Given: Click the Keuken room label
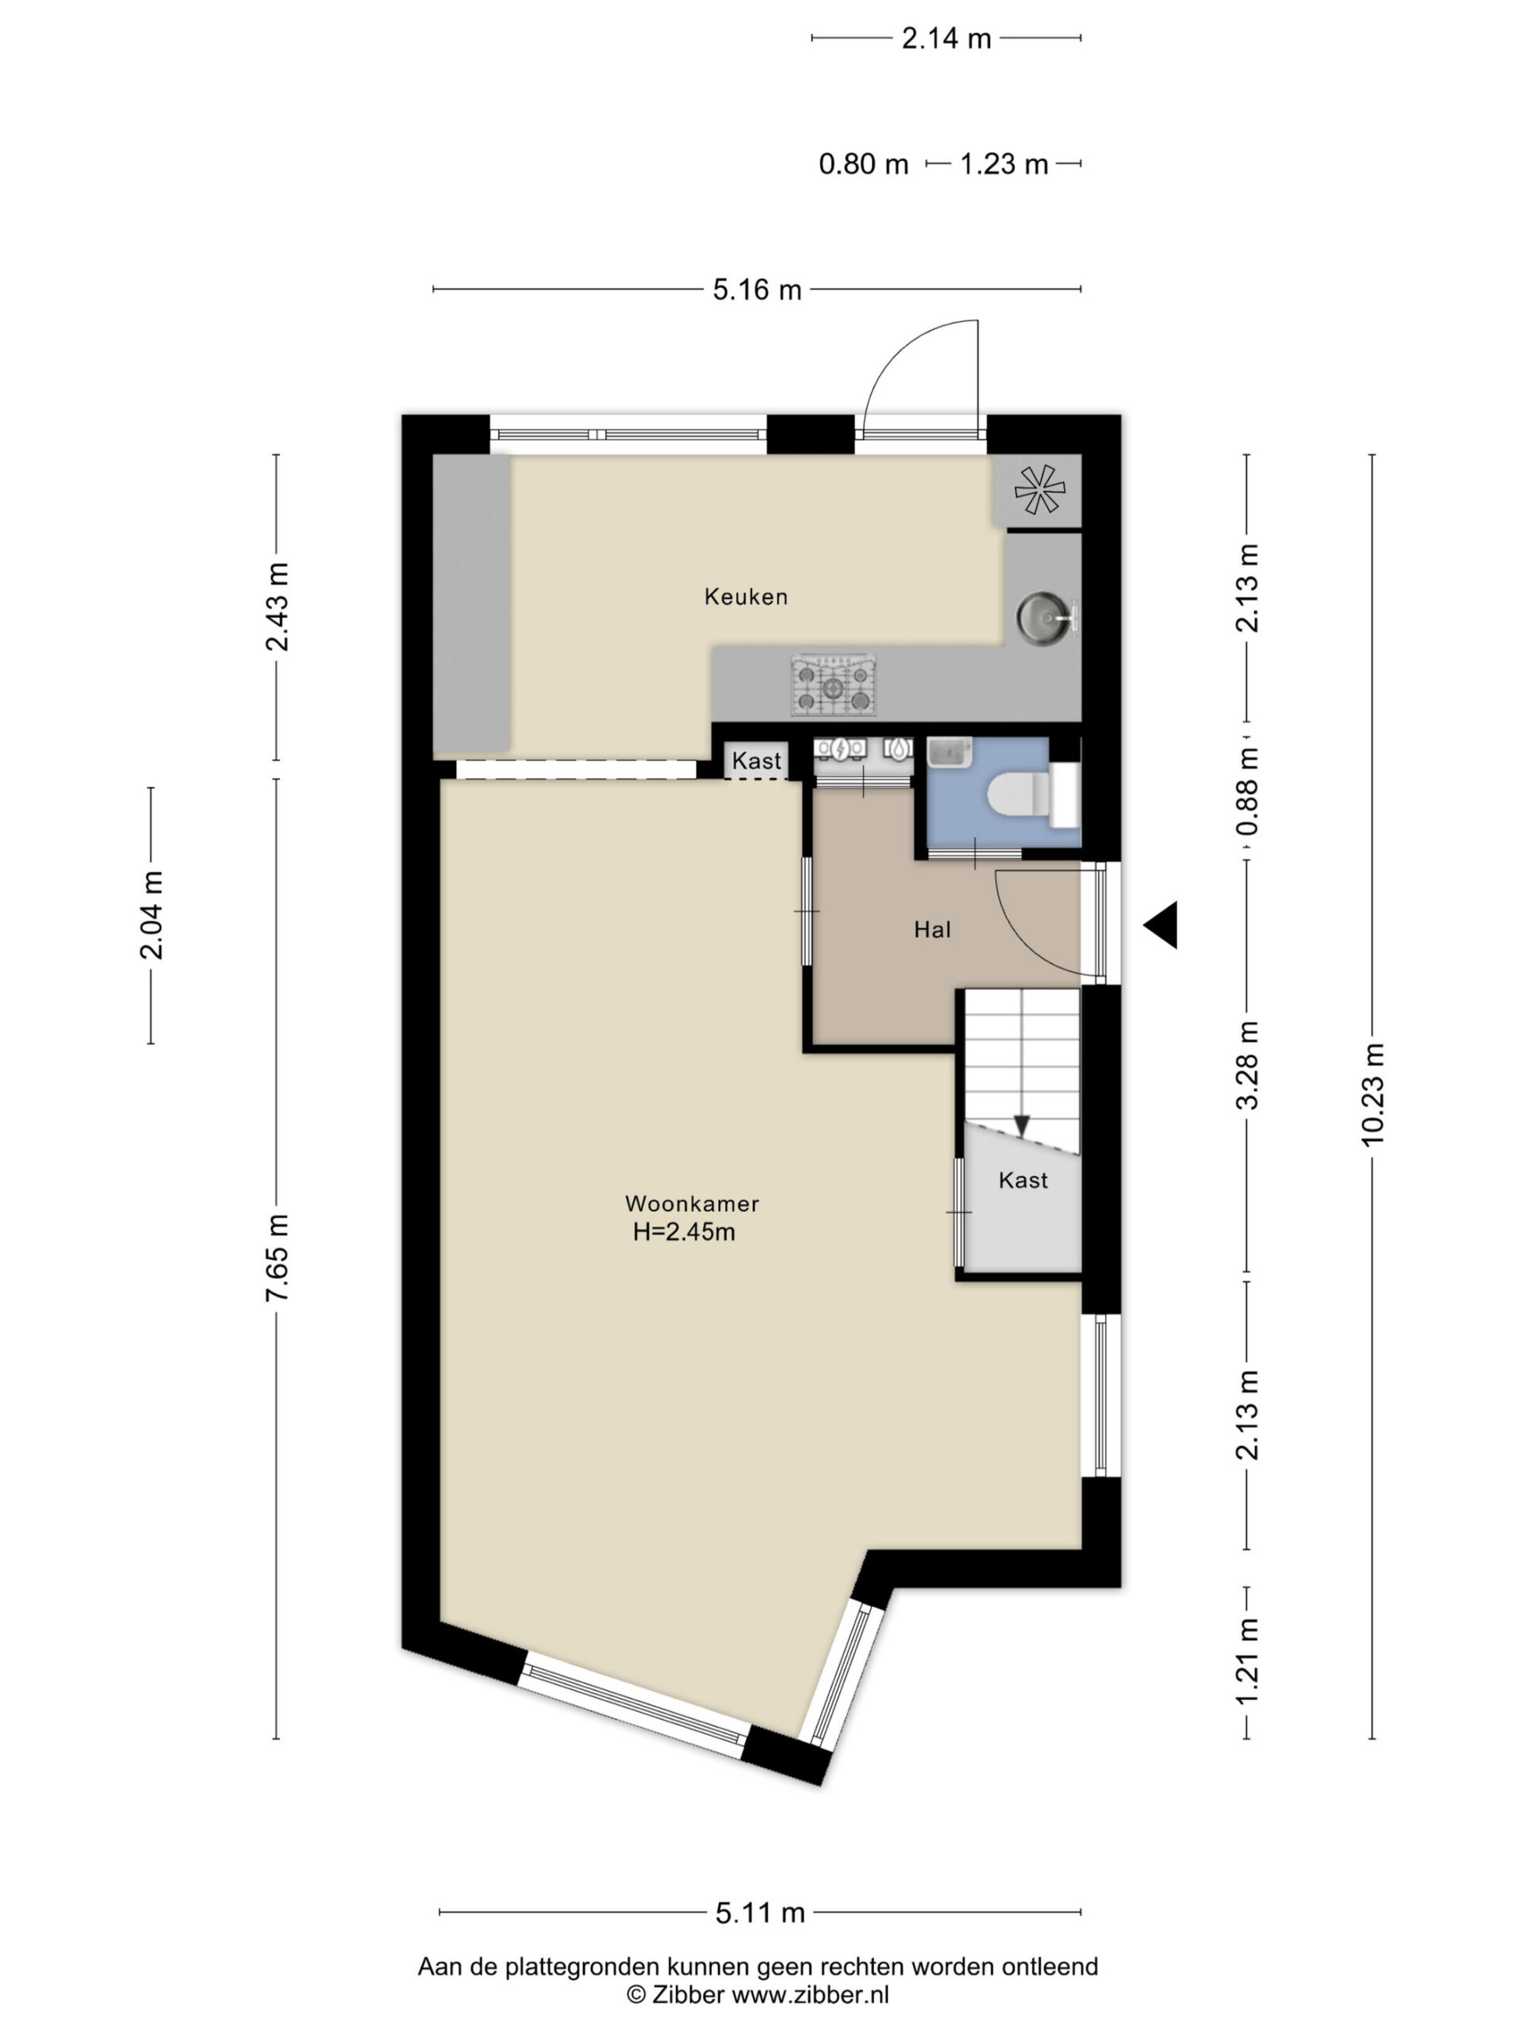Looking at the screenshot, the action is (x=746, y=596).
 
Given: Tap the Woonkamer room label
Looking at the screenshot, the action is (x=691, y=1203).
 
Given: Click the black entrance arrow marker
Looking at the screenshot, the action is (x=1160, y=924).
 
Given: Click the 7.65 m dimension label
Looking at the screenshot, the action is (x=278, y=1256).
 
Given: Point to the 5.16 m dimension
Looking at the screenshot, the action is (x=758, y=290).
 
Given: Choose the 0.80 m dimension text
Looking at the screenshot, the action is (x=863, y=164).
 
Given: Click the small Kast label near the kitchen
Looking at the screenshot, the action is (x=757, y=760).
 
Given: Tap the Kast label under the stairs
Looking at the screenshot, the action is (x=1022, y=1180).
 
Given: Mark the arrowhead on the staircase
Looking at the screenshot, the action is (x=1022, y=1125).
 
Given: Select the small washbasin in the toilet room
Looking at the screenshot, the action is (x=947, y=753).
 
